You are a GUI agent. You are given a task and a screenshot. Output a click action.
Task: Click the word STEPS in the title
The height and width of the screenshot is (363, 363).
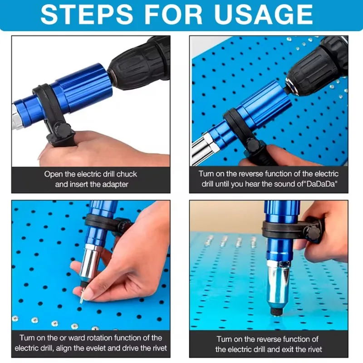(87, 15)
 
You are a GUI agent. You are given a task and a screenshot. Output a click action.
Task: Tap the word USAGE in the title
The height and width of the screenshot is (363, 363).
(264, 15)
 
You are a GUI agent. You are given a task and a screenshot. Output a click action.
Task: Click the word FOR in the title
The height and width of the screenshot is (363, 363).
(173, 15)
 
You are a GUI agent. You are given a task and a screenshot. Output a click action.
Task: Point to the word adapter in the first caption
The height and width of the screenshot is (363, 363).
(115, 185)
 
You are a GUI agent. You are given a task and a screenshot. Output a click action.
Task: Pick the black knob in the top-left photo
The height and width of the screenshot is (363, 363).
(62, 130)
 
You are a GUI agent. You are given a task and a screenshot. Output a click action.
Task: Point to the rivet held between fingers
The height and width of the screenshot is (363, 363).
(82, 298)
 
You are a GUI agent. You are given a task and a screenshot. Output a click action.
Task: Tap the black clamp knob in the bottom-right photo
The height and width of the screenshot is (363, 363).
(311, 231)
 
